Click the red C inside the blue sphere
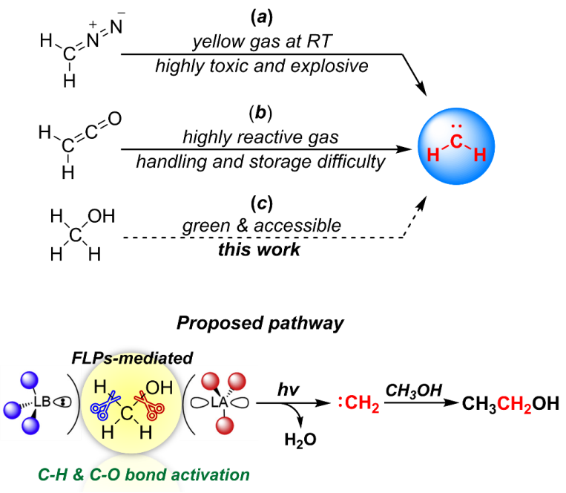coord(456,142)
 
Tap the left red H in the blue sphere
coord(433,154)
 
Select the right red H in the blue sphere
coord(480,154)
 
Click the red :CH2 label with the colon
coord(360,404)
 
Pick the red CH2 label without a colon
coord(514,404)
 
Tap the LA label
coord(219,402)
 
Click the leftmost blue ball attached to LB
coord(10,409)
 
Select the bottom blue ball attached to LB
coord(29,425)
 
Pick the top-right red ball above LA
coord(237,382)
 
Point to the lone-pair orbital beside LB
coord(63,402)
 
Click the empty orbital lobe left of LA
coord(198,402)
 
